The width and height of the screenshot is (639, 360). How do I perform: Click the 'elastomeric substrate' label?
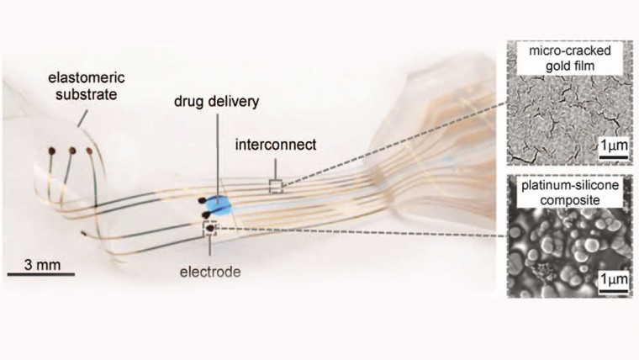click(87, 86)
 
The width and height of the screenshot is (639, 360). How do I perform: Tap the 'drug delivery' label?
click(216, 102)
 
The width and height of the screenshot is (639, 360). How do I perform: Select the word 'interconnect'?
click(276, 145)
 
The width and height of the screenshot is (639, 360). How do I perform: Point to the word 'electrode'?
click(210, 272)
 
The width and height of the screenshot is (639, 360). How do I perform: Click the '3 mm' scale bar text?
click(42, 265)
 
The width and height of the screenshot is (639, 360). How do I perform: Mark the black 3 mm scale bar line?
click(41, 274)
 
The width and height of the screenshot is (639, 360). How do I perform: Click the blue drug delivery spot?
click(218, 206)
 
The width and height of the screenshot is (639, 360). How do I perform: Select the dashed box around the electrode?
click(210, 229)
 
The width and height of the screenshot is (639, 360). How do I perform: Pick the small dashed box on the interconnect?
click(276, 187)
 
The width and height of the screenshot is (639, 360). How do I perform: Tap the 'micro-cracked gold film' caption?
click(570, 58)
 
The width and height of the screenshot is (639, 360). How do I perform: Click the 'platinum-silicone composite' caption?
click(570, 193)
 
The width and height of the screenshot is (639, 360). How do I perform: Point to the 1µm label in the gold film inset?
click(614, 146)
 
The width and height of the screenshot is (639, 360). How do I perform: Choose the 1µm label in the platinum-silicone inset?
click(614, 279)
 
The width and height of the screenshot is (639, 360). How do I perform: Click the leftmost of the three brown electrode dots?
click(52, 151)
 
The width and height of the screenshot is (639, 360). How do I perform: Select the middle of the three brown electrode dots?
click(72, 151)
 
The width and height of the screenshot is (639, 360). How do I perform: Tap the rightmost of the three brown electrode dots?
click(89, 151)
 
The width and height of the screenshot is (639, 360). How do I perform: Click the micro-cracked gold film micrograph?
click(570, 103)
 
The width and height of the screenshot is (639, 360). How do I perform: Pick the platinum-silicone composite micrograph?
click(570, 236)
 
